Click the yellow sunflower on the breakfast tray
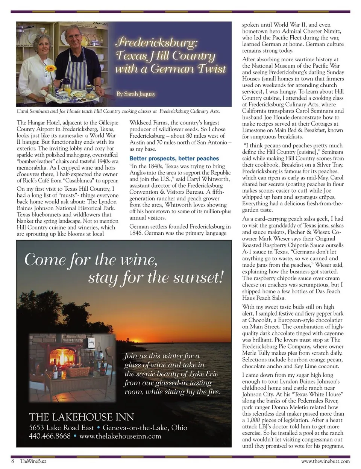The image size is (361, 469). pos(51,69)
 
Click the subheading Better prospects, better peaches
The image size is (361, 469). pos(174,159)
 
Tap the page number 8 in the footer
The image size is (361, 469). pos(13,461)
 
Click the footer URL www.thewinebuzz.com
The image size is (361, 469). pos(325,461)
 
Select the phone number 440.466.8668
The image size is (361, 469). pos(50,436)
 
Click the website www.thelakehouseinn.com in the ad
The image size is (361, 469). pos(120,436)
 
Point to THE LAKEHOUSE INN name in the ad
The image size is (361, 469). pos(82,417)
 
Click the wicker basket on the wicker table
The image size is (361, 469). pos(78,372)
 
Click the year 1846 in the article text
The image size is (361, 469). pos(137,233)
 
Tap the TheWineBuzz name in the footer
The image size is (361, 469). pos(33,461)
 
